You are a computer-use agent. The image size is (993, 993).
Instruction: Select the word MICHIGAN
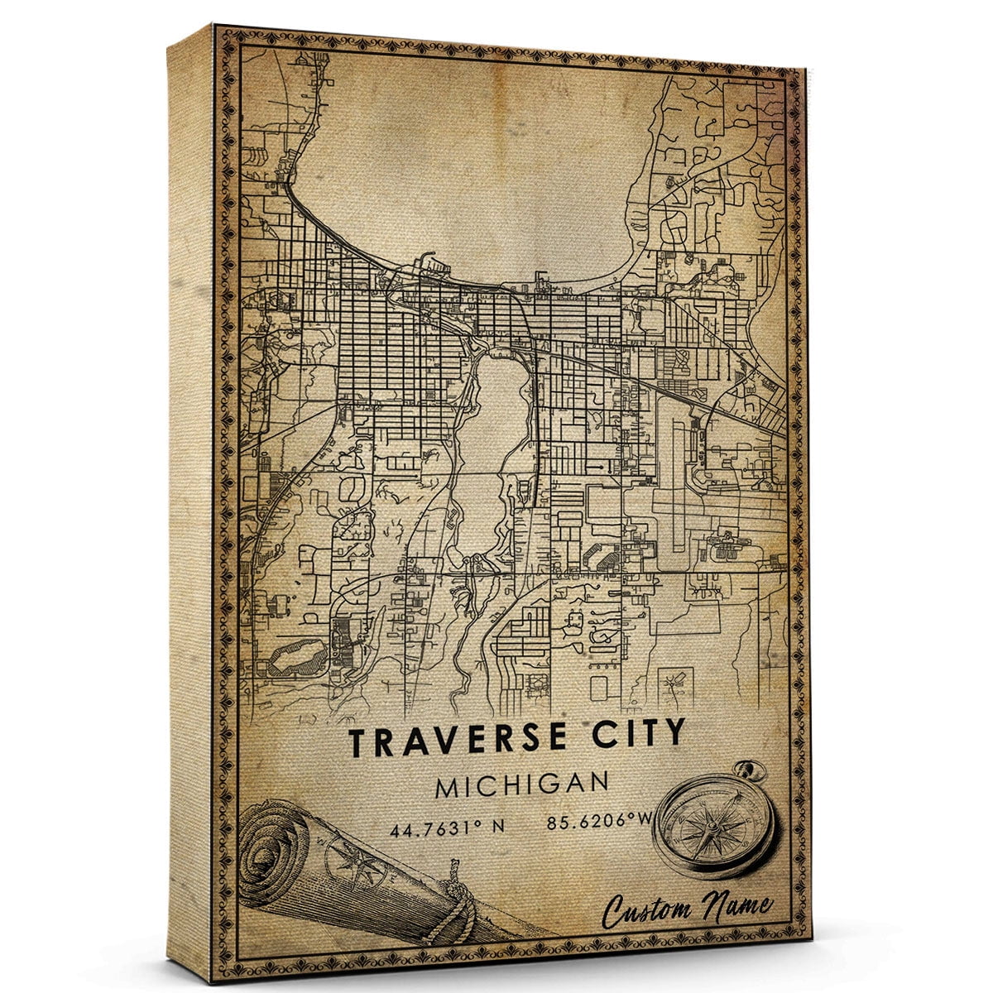pos(523,784)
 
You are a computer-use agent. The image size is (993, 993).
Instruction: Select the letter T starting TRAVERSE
pos(357,742)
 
